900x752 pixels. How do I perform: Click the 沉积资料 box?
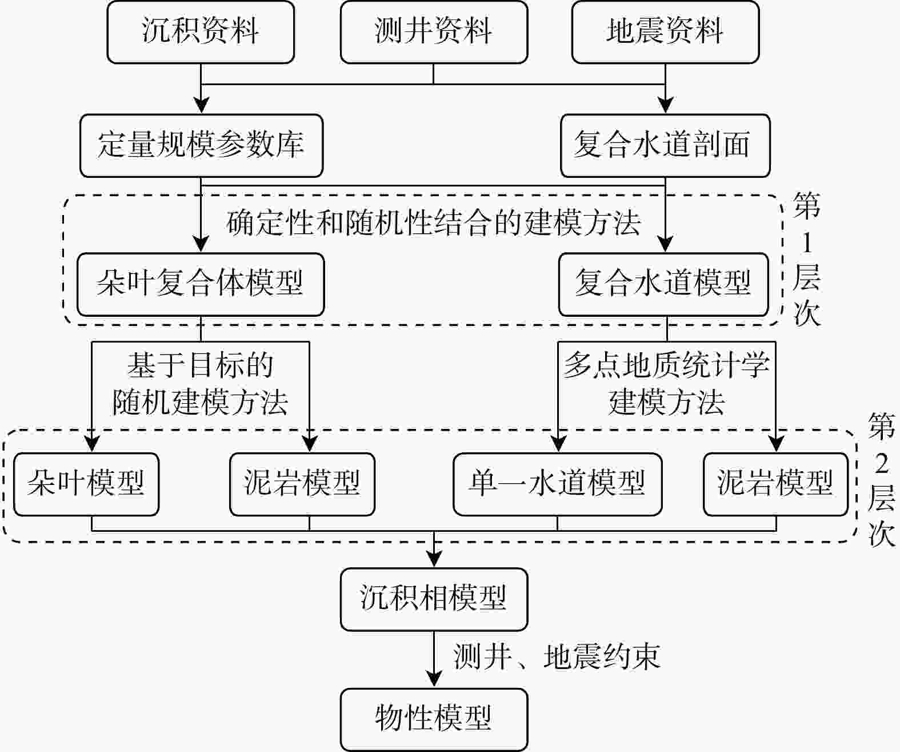(201, 32)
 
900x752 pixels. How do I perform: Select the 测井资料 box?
(434, 32)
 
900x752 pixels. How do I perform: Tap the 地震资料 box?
(665, 32)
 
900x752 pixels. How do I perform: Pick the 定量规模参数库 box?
(201, 145)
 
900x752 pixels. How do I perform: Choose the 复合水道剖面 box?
(665, 145)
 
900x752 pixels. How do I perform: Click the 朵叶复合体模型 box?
(201, 284)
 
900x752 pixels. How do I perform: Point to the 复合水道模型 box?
(663, 284)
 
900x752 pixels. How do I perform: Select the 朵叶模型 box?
(86, 484)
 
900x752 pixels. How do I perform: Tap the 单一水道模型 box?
(557, 484)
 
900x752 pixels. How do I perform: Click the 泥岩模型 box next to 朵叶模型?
(302, 484)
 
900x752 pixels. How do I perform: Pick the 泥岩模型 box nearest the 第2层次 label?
(775, 484)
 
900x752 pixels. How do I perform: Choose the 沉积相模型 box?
(434, 599)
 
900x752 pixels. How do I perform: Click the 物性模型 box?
(434, 719)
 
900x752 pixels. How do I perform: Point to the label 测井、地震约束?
(557, 657)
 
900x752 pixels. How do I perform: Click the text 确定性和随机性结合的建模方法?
(434, 223)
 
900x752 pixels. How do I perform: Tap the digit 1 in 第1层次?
(807, 243)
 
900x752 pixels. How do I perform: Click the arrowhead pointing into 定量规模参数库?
(201, 105)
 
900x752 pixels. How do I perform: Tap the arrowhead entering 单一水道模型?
(558, 444)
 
